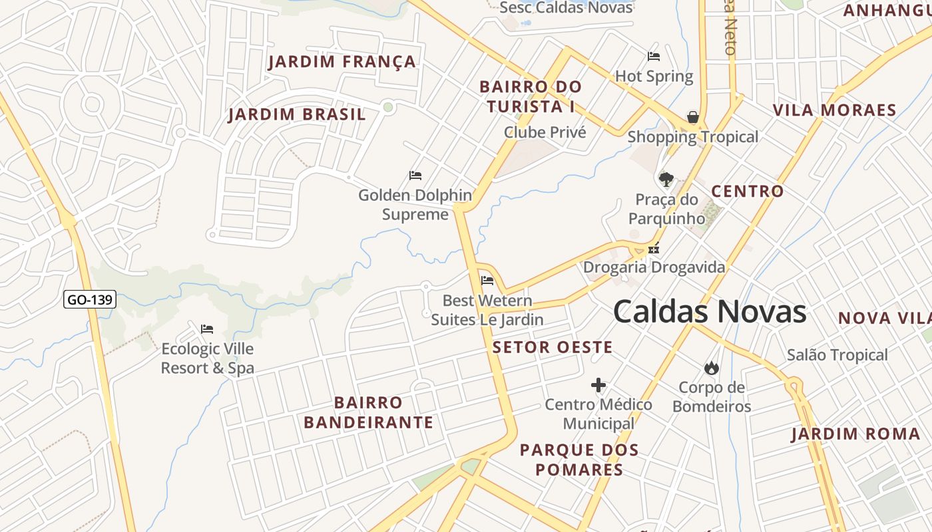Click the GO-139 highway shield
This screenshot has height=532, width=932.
tap(90, 300)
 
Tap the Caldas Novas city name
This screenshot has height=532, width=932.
tap(710, 312)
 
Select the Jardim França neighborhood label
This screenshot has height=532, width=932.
tap(342, 63)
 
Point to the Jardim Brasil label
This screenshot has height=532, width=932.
tap(297, 114)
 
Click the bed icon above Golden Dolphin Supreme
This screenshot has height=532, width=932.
tap(415, 176)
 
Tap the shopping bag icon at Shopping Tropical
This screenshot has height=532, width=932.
tap(693, 118)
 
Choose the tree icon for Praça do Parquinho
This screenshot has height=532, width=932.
tap(666, 179)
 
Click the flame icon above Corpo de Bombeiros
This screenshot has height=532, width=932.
tap(711, 368)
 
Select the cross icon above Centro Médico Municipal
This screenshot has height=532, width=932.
tap(598, 385)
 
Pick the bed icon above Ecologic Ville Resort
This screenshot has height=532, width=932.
tap(207, 329)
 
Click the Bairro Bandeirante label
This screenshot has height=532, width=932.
tap(368, 412)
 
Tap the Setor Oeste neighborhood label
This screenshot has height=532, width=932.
tap(553, 347)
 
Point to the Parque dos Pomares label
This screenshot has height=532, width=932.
tap(579, 460)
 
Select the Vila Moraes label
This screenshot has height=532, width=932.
tap(834, 110)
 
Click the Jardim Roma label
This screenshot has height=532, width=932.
tap(855, 434)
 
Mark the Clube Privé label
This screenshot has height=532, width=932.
tap(545, 132)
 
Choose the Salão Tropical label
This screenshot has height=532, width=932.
tap(837, 355)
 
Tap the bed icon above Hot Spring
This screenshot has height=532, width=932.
tap(654, 57)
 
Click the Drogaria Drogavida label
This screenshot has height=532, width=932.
tap(654, 267)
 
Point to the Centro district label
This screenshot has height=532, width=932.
tap(748, 192)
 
